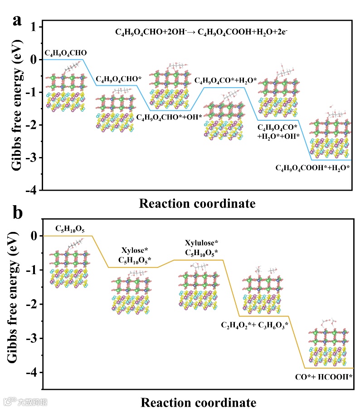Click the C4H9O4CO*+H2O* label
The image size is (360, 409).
coord(225,81)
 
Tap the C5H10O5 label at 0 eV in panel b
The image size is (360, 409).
coord(70,228)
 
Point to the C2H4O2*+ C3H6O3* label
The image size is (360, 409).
coord(254,325)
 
